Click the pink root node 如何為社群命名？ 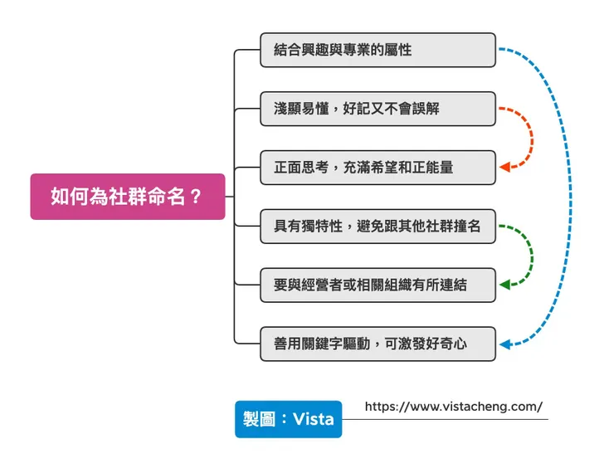pos(127,197)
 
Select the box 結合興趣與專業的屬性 pos(378,50)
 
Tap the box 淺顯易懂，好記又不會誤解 pos(378,109)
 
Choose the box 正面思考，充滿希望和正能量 pos(378,168)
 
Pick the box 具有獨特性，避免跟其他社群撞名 pos(378,227)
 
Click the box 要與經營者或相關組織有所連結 pos(378,285)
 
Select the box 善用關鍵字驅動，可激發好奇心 pos(378,344)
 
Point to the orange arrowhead pos(504,168)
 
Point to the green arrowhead pos(504,285)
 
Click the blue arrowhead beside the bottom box pos(504,344)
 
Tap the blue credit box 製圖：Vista pos(288,419)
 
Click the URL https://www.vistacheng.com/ pos(453,407)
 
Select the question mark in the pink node pos(196,197)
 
